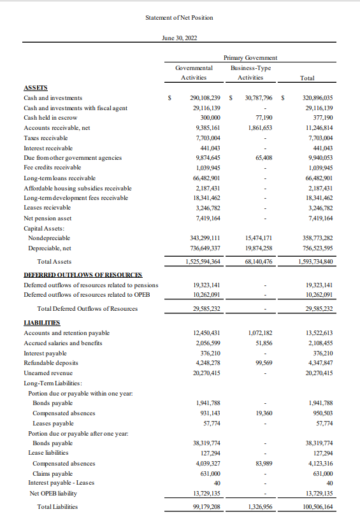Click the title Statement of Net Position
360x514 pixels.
click(x=179, y=17)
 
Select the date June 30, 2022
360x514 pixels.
click(x=180, y=39)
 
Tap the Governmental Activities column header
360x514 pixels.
click(x=193, y=72)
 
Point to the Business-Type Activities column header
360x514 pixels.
click(x=250, y=72)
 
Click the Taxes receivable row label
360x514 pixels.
click(x=45, y=128)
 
